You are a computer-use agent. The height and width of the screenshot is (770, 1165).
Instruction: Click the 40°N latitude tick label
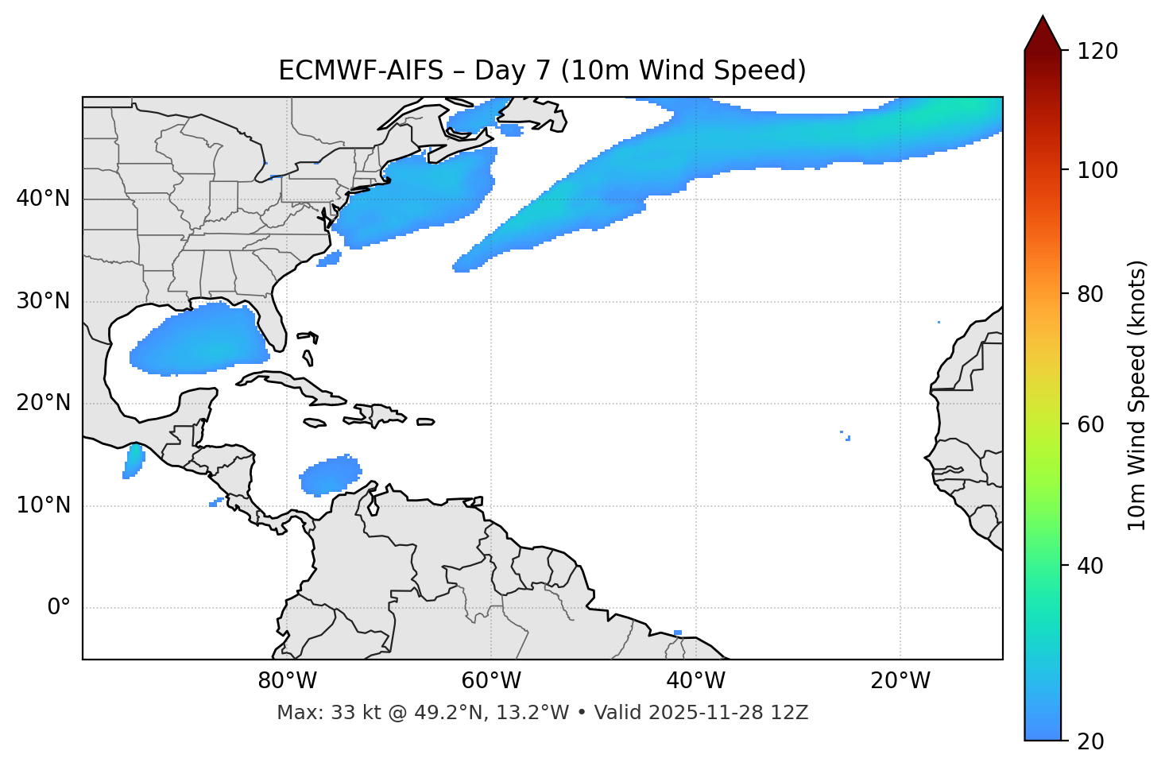(43, 199)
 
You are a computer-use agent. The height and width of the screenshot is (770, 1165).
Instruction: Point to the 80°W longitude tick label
(287, 681)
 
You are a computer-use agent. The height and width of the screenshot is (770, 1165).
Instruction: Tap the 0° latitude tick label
(59, 608)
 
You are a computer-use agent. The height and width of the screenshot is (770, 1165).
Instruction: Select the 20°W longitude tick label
(900, 681)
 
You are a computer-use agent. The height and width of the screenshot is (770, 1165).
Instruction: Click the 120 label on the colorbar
(1097, 52)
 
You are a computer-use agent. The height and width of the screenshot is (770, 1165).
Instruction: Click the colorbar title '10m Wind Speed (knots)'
(1137, 395)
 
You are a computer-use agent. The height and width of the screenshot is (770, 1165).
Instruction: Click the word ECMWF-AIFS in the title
(361, 71)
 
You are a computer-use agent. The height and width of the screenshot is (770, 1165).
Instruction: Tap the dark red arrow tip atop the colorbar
(1043, 32)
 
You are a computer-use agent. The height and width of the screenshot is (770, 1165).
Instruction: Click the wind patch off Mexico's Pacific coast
(134, 461)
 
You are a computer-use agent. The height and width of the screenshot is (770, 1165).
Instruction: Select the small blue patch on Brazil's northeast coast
(677, 633)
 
